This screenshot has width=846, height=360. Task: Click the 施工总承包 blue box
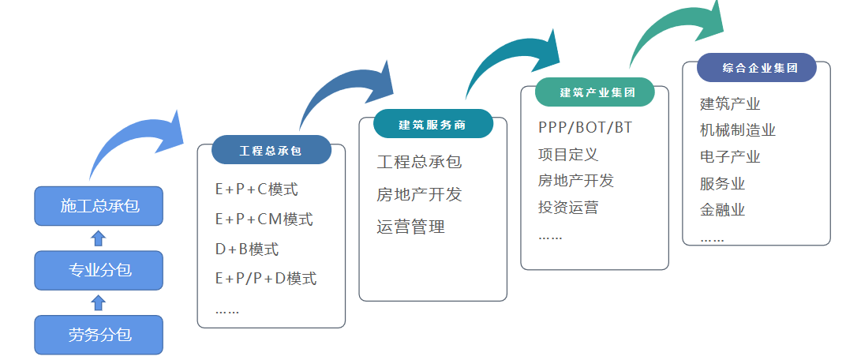coord(99,206)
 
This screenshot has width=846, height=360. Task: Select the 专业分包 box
coord(99,270)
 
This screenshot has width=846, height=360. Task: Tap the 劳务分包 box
coord(99,335)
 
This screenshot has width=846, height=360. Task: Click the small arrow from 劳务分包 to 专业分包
coord(99,302)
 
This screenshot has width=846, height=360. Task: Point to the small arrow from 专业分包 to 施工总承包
coord(99,238)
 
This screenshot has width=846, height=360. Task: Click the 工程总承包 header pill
coord(271,150)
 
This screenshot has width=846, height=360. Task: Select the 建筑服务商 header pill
coord(432,124)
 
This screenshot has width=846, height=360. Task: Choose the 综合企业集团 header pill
coord(756,68)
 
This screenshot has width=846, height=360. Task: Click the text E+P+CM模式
coord(264,219)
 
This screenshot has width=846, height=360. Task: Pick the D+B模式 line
coord(246,249)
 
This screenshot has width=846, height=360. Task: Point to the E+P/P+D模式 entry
coord(265,278)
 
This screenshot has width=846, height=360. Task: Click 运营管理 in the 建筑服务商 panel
coord(410,227)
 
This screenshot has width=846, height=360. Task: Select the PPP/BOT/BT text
coord(585,127)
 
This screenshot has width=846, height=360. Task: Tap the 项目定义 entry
coord(567,154)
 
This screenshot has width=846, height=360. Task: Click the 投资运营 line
coord(567,208)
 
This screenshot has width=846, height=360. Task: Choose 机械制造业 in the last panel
coord(737,130)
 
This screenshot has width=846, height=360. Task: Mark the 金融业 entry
coord(722,210)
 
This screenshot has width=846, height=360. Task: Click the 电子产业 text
coord(729,157)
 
